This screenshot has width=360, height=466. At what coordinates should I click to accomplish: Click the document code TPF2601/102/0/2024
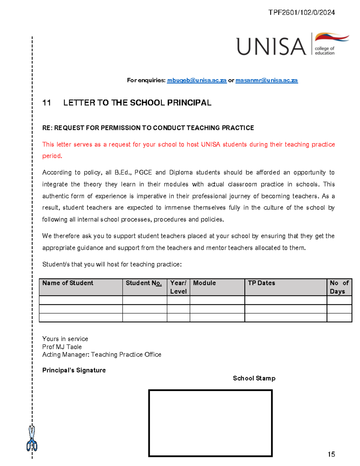[301, 12]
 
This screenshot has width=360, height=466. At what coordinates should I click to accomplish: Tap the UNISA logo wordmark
[271, 47]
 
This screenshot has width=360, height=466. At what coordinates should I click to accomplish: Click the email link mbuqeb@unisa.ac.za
[196, 80]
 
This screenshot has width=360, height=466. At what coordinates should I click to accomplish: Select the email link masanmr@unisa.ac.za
[266, 80]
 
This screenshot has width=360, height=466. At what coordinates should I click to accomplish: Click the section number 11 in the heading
[46, 103]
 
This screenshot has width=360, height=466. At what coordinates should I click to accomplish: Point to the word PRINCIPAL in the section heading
[189, 103]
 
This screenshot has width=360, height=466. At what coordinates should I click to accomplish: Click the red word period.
[52, 156]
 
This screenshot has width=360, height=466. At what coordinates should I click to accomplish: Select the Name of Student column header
[68, 283]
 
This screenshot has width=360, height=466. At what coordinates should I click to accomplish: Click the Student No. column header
[144, 283]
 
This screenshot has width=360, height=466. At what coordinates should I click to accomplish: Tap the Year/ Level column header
[178, 287]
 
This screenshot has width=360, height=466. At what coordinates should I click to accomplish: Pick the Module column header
[204, 283]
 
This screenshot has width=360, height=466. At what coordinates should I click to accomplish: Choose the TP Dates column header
[261, 283]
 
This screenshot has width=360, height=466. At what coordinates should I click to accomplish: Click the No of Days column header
[339, 287]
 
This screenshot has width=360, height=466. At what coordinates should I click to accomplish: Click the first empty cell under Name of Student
[81, 300]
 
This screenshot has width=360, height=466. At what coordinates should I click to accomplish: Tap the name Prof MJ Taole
[62, 347]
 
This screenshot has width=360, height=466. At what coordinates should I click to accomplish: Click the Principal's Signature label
[74, 370]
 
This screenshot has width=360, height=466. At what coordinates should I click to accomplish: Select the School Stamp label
[254, 378]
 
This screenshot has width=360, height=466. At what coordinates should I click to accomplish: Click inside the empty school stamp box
[210, 423]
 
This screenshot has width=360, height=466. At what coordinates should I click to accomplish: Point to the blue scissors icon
[32, 439]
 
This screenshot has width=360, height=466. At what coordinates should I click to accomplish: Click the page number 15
[331, 454]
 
